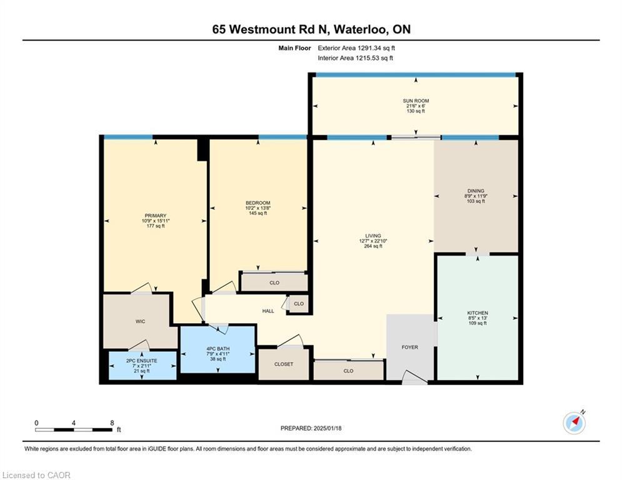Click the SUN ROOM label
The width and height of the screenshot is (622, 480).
click(416, 101)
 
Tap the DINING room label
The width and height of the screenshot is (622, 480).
click(476, 191)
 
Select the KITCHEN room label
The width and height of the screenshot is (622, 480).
click(478, 313)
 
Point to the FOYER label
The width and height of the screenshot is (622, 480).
click(409, 347)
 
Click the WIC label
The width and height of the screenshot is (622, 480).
click(140, 322)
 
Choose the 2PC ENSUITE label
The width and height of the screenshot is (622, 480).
click(142, 361)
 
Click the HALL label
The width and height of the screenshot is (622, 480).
click(268, 311)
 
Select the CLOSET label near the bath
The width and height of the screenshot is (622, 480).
click(283, 364)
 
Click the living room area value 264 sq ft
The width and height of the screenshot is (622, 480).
click(373, 246)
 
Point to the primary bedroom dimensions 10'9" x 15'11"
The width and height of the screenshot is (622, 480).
click(156, 221)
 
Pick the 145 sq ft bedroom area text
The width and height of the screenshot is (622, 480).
click(258, 213)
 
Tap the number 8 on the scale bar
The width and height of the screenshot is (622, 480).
click(111, 422)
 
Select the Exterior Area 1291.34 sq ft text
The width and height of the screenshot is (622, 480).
click(356, 47)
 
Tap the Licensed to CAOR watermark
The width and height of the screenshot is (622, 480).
click(36, 475)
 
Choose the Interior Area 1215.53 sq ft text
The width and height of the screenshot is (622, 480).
click(355, 58)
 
